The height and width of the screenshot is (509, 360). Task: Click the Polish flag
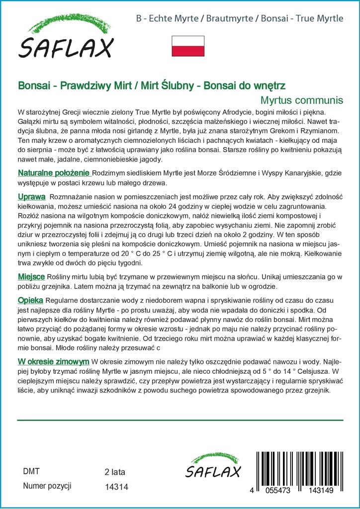coord(188,45)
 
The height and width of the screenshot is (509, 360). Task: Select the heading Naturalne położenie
coord(54,173)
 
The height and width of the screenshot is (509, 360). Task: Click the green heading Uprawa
coord(32,196)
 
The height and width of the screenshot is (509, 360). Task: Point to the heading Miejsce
coord(31,276)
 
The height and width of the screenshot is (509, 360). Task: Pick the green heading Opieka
coord(30,300)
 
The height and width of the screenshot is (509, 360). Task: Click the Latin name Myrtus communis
coord(302,99)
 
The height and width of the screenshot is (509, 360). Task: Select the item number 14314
coord(117,487)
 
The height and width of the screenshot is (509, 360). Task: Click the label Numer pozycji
coord(48,486)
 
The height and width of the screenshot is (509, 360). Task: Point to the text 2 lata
coord(115,472)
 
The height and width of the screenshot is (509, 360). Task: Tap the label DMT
coord(31,471)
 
